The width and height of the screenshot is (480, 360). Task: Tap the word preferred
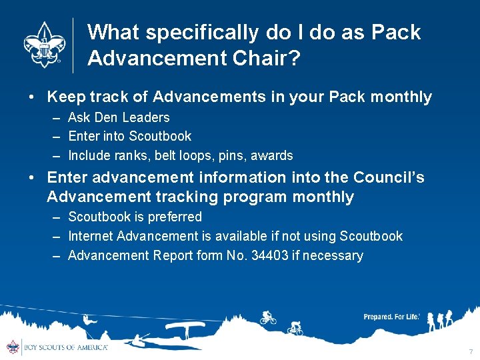coord(174,217)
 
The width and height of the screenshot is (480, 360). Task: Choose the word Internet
coord(91,237)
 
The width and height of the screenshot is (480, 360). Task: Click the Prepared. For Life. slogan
coord(391,317)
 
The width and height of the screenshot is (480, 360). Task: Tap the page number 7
coord(471,351)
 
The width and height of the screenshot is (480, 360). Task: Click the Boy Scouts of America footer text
coord(65,347)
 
